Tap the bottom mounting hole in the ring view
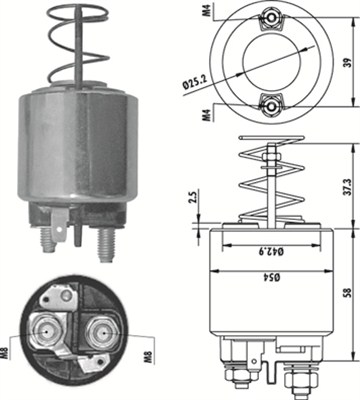pos(270,103)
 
